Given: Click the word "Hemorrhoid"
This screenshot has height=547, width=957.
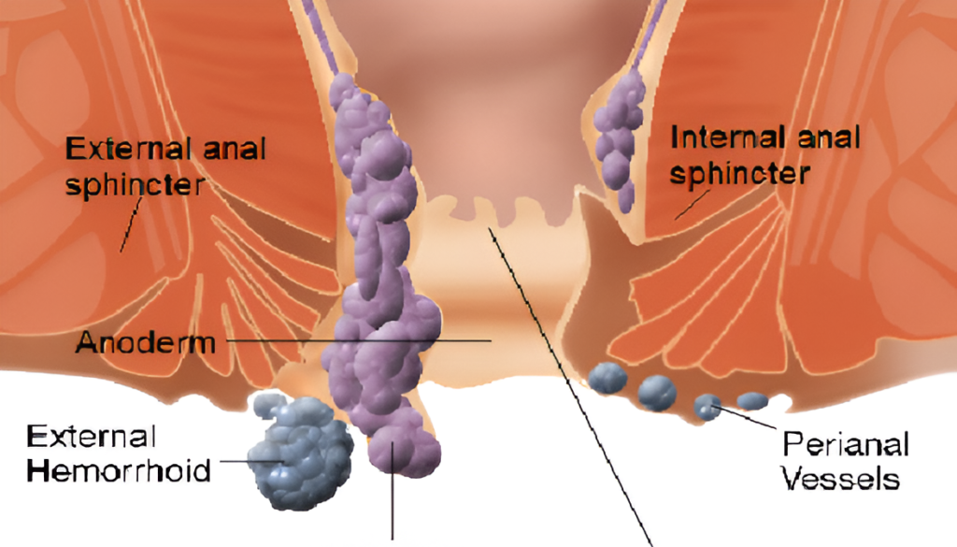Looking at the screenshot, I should coord(119,469).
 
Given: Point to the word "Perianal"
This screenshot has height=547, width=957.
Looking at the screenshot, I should coord(845,443).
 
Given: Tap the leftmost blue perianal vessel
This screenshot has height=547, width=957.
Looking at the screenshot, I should coord(607,377).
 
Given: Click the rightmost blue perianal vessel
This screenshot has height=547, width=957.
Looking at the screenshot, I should coord(751,401).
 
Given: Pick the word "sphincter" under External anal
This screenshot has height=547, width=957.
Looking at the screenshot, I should coord(135,183).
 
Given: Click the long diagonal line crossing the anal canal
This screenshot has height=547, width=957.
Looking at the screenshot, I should coord(561,374).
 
